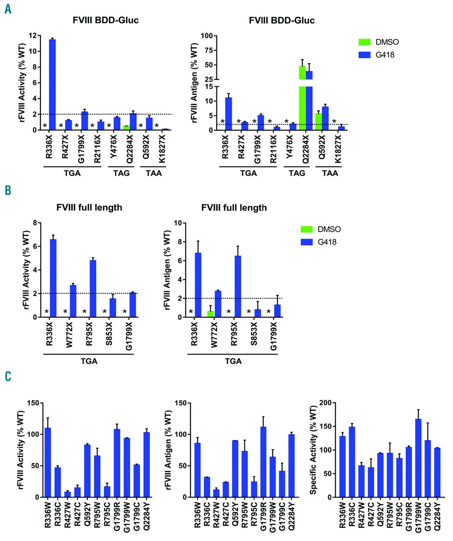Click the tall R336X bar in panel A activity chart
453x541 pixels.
52,85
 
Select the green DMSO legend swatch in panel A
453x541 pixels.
364,42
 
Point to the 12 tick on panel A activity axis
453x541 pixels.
33,36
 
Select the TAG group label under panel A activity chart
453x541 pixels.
121,173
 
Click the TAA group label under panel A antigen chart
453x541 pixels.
330,173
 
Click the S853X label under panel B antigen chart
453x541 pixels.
255,334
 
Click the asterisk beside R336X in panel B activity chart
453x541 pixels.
46,312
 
